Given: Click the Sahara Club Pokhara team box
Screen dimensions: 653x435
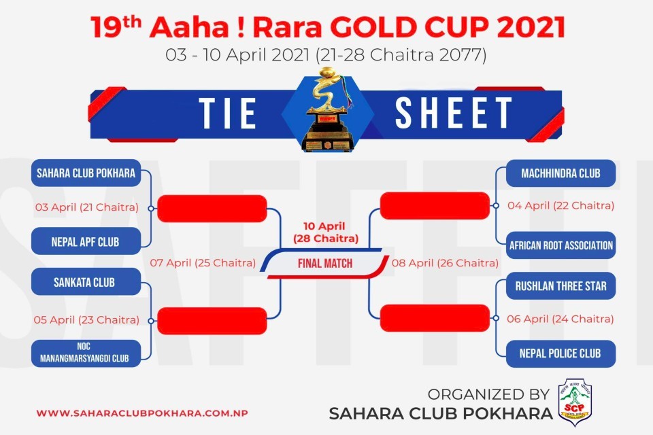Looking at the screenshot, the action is click(x=86, y=173).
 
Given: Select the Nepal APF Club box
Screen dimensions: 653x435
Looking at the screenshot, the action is click(x=86, y=241).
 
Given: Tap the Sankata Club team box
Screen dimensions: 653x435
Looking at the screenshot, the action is click(x=86, y=282).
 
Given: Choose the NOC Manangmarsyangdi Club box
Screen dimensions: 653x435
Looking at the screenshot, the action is click(x=86, y=353).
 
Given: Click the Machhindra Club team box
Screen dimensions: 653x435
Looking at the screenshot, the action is click(x=560, y=173).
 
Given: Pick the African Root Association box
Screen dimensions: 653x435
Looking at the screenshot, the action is click(x=560, y=245).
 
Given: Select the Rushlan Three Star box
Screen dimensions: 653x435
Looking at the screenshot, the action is click(x=560, y=286).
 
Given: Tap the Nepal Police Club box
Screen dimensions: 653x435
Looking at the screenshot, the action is click(x=560, y=353).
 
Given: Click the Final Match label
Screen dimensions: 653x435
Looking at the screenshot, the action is click(x=325, y=263).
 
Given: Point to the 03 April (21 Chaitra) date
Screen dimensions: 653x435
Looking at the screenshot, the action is click(x=86, y=207).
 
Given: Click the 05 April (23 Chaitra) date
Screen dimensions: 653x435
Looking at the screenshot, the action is click(x=86, y=319).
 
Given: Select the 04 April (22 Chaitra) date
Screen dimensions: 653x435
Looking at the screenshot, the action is click(x=561, y=205).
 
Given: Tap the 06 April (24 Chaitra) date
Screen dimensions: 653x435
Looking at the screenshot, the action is click(x=560, y=319).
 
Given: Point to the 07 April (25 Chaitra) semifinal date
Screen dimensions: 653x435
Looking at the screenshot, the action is click(x=203, y=262).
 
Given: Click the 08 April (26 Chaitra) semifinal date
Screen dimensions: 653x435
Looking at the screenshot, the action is click(x=445, y=262).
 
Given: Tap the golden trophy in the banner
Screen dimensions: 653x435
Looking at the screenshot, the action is click(x=327, y=110).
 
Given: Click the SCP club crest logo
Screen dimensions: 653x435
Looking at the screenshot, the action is click(x=575, y=402).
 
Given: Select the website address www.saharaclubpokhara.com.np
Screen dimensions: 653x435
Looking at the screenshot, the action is click(x=142, y=413).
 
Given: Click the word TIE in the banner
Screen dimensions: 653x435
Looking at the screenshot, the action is click(x=227, y=114).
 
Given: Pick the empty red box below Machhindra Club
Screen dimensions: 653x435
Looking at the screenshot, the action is click(x=435, y=206).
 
